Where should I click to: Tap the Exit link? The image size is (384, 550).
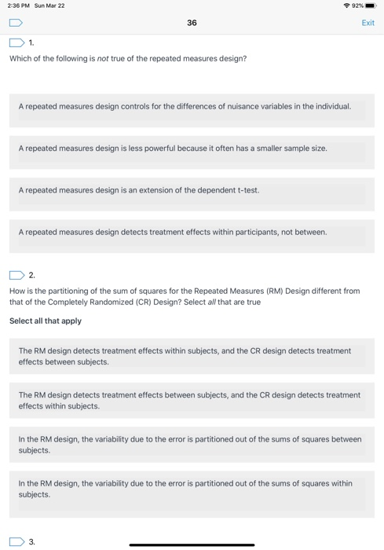pos(368,23)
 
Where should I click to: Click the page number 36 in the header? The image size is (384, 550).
pos(192,23)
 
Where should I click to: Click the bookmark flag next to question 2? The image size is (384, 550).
pos(16,275)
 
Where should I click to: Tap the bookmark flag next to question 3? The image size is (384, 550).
pos(16,541)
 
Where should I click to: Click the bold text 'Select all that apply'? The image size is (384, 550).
pos(46,321)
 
